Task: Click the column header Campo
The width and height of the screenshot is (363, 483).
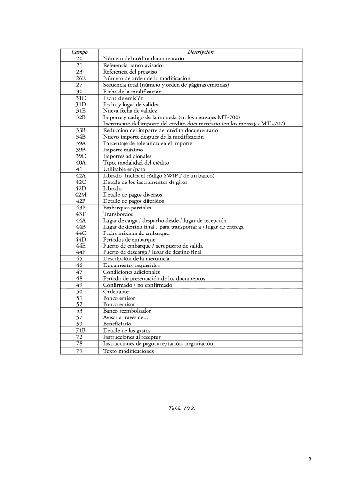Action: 79,52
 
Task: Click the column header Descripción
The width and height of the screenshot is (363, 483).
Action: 200,52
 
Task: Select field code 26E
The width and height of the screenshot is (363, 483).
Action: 79,78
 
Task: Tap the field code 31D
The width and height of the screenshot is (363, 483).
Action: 79,104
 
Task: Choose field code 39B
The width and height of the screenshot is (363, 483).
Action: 79,150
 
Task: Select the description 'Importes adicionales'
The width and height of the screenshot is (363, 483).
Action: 127,156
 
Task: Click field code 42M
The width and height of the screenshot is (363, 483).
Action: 79,194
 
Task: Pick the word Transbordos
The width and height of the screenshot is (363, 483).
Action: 118,214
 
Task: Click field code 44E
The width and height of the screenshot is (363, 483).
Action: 79,246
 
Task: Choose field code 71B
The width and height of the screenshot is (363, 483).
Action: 79,331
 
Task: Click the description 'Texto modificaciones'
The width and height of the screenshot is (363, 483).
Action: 128,351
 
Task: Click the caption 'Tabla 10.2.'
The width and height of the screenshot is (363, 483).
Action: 181,408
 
